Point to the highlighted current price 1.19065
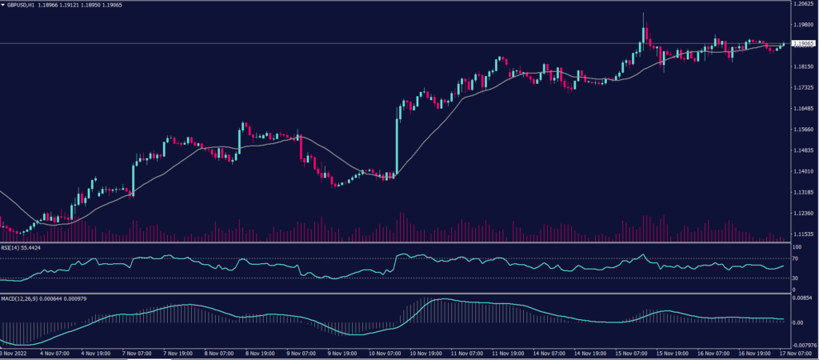pos(802,44)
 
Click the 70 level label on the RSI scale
pos(796,258)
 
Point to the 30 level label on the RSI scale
pos(796,278)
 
